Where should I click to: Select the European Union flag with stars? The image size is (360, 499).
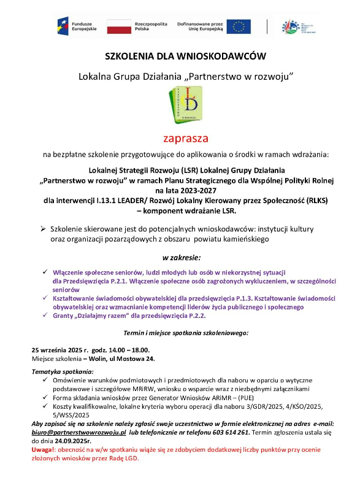(238, 26)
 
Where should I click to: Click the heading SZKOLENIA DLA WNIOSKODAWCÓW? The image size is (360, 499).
(185, 56)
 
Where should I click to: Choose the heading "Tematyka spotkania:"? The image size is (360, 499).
(63, 372)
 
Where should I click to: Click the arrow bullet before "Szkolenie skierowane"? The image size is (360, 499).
(44, 228)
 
